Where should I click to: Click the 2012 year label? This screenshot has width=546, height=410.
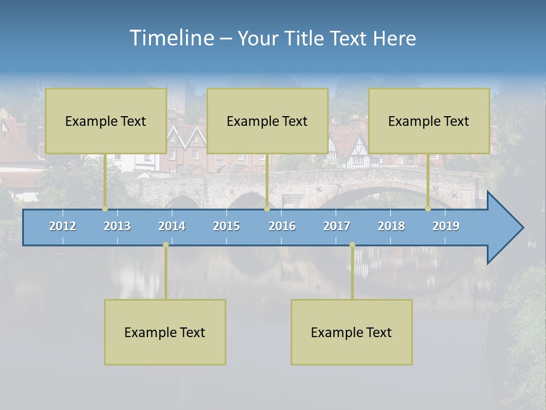(x=63, y=226)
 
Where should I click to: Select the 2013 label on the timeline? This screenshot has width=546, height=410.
(x=117, y=226)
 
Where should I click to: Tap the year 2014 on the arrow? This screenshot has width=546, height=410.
(x=172, y=226)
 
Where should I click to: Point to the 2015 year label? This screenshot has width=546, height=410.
(x=226, y=226)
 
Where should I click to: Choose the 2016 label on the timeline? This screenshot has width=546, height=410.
(x=282, y=226)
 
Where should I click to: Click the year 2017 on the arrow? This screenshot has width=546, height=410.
(x=337, y=226)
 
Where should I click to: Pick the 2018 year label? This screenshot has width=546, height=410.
(x=391, y=226)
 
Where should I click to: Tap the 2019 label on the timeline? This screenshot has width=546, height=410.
(x=446, y=226)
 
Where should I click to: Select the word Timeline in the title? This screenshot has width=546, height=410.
(x=171, y=38)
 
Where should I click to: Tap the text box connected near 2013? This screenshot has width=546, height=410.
(x=106, y=121)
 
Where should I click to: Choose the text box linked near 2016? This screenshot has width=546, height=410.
(x=267, y=121)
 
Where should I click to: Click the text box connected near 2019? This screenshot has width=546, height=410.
(x=429, y=121)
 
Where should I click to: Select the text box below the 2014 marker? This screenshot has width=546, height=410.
(x=165, y=332)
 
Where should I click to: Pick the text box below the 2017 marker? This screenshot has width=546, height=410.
(x=351, y=332)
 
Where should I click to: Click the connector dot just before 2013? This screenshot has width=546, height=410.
(x=105, y=208)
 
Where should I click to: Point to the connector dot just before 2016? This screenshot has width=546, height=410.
(x=267, y=208)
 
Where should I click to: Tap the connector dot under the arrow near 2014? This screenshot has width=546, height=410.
(x=166, y=245)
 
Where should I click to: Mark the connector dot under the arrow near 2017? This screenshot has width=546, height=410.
(x=352, y=245)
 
